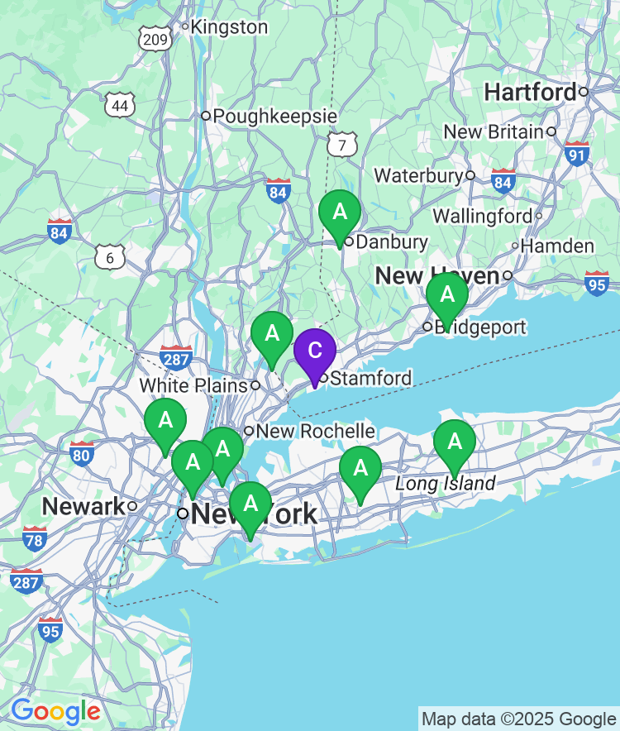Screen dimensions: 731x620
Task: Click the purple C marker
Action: pos(315,351)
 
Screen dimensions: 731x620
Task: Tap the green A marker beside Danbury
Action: pos(340,212)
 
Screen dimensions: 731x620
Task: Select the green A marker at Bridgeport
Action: pos(447,294)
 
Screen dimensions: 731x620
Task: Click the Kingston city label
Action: pos(229,27)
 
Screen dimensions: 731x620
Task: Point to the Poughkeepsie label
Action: pos(274,116)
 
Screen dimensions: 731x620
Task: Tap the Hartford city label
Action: pos(530,92)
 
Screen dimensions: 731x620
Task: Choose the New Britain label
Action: pos(494,131)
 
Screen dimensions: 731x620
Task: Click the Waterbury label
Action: pos(418,175)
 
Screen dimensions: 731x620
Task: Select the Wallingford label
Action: pos(483,216)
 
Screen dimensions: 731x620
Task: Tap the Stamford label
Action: pos(370,379)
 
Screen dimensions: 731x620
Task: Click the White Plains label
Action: pos(193,385)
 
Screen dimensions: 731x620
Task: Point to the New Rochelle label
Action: pos(315,431)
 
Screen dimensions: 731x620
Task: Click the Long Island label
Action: pos(446,483)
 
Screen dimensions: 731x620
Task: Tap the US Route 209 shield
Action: pos(155,37)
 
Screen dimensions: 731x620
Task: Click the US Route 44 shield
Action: pos(121,105)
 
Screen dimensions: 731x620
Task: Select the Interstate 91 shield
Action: pos(577,153)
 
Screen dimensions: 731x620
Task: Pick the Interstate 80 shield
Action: pos(81,452)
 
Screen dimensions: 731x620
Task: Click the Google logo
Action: pos(55,710)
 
